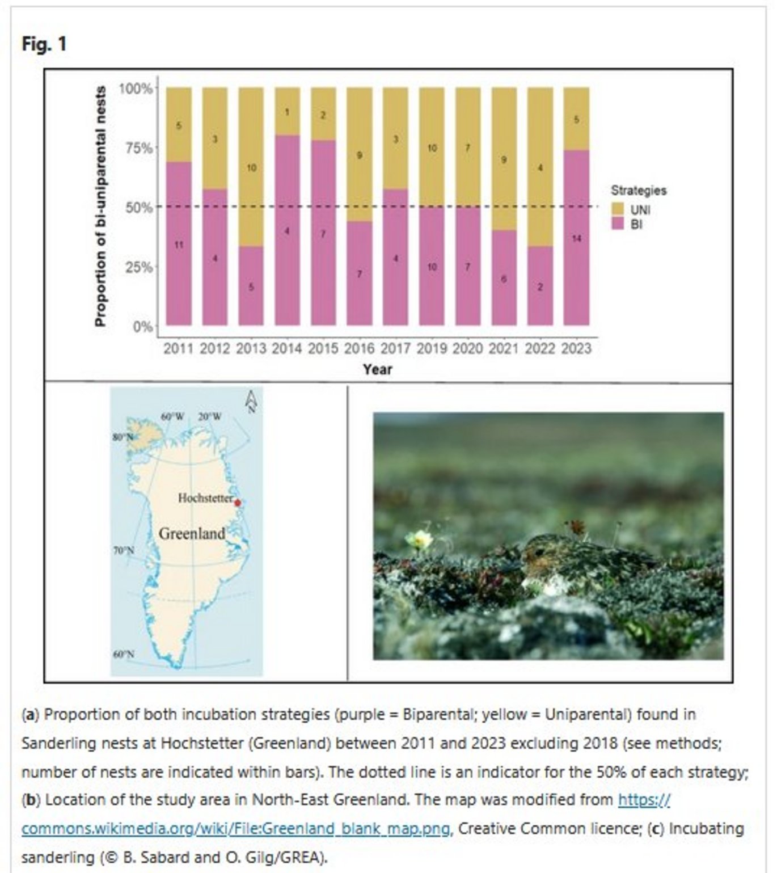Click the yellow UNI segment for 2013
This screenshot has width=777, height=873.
click(251, 167)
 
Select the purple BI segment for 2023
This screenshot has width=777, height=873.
click(576, 238)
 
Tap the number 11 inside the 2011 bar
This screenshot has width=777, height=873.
click(179, 245)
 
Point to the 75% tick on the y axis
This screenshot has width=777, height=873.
click(138, 149)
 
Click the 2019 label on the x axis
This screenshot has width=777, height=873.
click(432, 348)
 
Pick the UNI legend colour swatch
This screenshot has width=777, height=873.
click(618, 209)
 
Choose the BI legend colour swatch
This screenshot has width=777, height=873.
click(618, 224)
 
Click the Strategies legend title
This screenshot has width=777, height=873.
click(638, 191)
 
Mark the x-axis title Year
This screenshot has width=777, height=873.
click(378, 369)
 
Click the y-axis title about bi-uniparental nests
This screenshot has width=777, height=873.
click(100, 206)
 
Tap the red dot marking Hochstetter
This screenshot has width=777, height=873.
click(238, 503)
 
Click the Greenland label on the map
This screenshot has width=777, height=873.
click(192, 534)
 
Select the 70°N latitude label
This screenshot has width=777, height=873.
click(123, 550)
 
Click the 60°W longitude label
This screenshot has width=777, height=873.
click(172, 417)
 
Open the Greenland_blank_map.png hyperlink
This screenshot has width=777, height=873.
click(235, 828)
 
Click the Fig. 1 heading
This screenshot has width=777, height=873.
click(44, 44)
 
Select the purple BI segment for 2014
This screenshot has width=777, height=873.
click(287, 230)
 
